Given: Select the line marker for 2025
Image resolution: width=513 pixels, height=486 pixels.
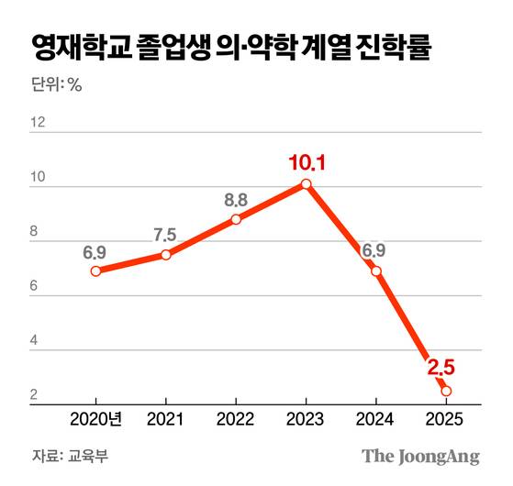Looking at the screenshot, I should (446, 392).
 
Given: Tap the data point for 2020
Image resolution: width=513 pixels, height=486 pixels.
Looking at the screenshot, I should (95, 271).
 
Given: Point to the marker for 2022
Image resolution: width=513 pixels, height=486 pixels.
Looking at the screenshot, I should (236, 219).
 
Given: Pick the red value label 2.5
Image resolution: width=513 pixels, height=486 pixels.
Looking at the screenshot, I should (441, 369).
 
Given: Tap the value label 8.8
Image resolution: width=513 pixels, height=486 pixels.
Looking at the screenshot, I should (236, 198).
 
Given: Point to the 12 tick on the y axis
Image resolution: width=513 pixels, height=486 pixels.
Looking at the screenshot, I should (38, 123).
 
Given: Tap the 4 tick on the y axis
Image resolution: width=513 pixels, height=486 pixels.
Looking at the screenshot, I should (34, 341).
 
